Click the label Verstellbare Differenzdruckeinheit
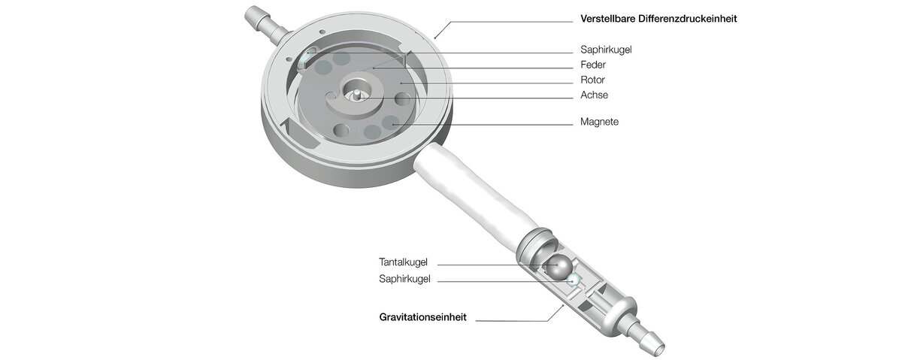[658, 19]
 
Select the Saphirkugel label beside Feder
[606, 50]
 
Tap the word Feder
[593, 65]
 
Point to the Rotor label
[592, 80]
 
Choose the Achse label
[594, 95]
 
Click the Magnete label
[599, 122]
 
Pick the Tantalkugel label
[403, 262]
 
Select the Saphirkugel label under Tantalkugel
[404, 279]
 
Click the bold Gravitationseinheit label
[422, 317]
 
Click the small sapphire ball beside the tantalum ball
[572, 280]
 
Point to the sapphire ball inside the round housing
[305, 58]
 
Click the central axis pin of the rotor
[357, 94]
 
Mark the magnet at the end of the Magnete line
[391, 123]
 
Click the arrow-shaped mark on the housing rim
[289, 126]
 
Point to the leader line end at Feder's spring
[374, 68]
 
